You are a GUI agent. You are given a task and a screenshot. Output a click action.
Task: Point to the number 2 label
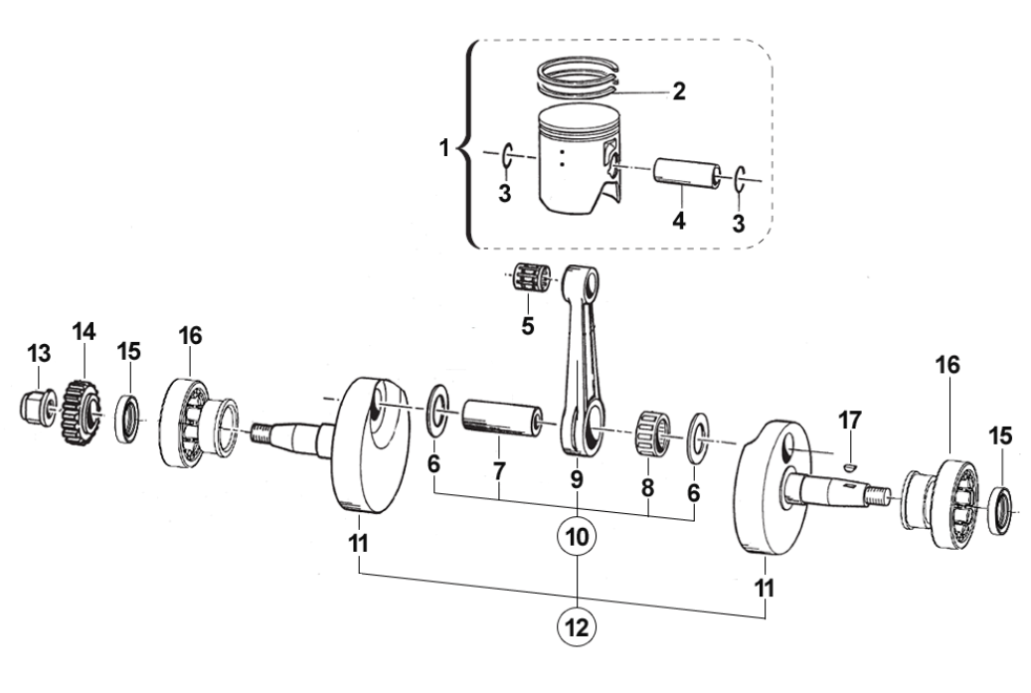678,91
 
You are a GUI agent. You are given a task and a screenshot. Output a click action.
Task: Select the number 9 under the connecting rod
577,478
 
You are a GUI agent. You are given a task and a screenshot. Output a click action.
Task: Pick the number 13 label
39,353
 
